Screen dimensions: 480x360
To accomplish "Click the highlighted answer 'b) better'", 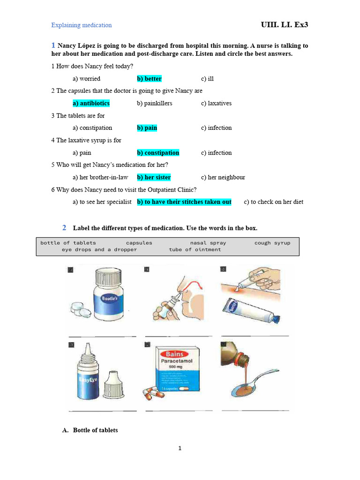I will (149, 79).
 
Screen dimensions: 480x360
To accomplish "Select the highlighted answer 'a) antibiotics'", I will (91, 103).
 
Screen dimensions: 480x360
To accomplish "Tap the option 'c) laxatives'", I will (216, 103).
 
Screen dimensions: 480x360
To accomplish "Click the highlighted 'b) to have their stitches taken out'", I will (184, 202).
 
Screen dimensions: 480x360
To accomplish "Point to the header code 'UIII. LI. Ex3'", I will (284, 25).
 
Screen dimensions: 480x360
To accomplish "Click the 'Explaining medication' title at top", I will (82, 25).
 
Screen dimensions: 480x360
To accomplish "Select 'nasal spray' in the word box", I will (208, 243).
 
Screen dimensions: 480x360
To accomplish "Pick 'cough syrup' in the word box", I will (272, 243).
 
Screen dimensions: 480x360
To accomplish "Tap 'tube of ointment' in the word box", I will (195, 250).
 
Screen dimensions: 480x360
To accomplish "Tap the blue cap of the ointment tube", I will (277, 319).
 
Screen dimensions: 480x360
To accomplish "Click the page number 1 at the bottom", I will (180, 449).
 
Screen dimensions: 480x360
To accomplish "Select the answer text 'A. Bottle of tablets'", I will (90, 430).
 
